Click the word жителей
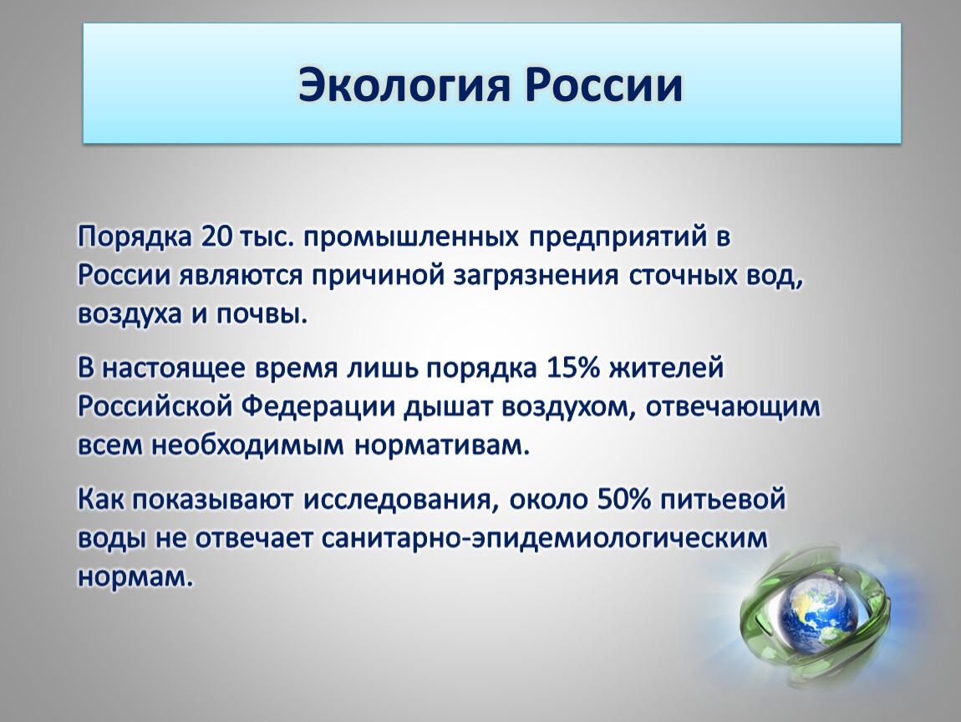click(x=667, y=369)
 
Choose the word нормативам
click(x=441, y=445)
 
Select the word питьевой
click(x=723, y=500)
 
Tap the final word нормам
click(x=135, y=577)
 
